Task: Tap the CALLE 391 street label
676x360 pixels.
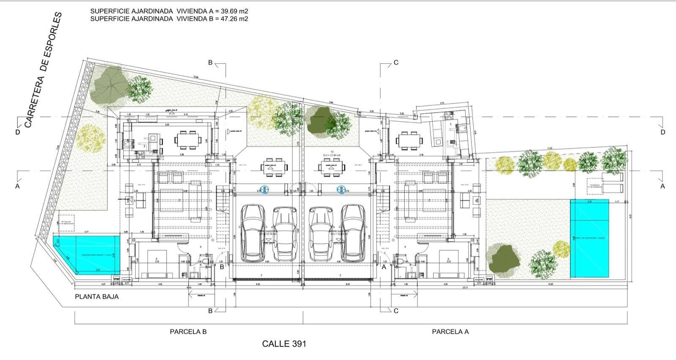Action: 284,344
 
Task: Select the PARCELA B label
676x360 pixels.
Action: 188,332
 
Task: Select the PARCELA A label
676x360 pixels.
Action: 450,332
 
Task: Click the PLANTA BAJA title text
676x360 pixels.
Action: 97,297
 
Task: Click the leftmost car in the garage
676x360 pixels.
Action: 253,233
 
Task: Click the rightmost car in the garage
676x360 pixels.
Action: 353,233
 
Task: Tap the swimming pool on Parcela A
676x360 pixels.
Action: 589,238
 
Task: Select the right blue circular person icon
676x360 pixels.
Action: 341,190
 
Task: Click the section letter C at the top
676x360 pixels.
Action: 396,63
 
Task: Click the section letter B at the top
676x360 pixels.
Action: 210,63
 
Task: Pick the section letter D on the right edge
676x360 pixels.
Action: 663,132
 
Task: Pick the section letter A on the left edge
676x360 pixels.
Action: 17,186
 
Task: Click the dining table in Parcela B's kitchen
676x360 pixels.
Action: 189,139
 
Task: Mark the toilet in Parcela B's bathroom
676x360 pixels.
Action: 205,263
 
